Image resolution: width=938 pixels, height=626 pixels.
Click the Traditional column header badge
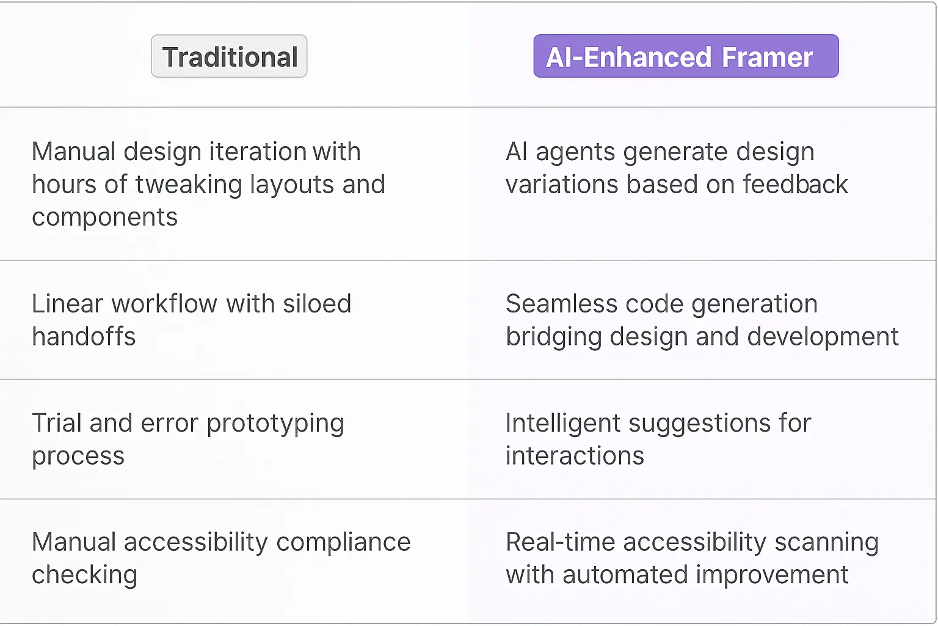pyautogui.click(x=229, y=56)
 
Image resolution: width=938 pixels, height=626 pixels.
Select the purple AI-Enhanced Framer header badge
pyautogui.click(x=686, y=56)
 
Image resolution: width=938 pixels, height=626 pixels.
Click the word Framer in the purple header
pyautogui.click(x=767, y=57)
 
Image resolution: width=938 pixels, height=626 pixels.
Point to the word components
pyautogui.click(x=104, y=218)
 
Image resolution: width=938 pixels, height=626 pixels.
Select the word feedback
pyautogui.click(x=795, y=185)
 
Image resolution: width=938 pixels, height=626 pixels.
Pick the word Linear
pyautogui.click(x=67, y=304)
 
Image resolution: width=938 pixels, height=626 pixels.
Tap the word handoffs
pyautogui.click(x=84, y=337)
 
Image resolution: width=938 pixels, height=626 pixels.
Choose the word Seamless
pyautogui.click(x=561, y=304)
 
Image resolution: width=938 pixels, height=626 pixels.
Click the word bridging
pyautogui.click(x=554, y=337)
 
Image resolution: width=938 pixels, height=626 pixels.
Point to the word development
pyautogui.click(x=823, y=337)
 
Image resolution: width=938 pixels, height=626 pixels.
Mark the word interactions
pyautogui.click(x=575, y=456)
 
